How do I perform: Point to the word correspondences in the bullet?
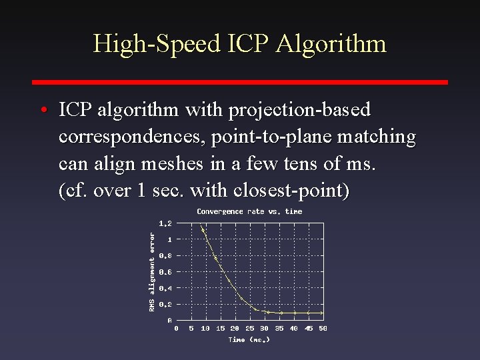pos(132,137)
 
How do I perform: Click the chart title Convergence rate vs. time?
pos(249,211)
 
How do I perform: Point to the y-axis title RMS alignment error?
pos(152,271)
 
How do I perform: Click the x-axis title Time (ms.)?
pos(249,339)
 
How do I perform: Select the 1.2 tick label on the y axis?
pos(165,223)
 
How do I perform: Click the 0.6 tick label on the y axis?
pos(165,272)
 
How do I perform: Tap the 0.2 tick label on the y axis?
pos(165,304)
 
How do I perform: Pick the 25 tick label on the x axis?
pos(249,328)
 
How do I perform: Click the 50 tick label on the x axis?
pos(323,328)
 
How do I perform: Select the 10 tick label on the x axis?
pos(205,328)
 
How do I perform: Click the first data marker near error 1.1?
pos(203,231)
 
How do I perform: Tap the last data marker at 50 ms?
pos(323,313)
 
